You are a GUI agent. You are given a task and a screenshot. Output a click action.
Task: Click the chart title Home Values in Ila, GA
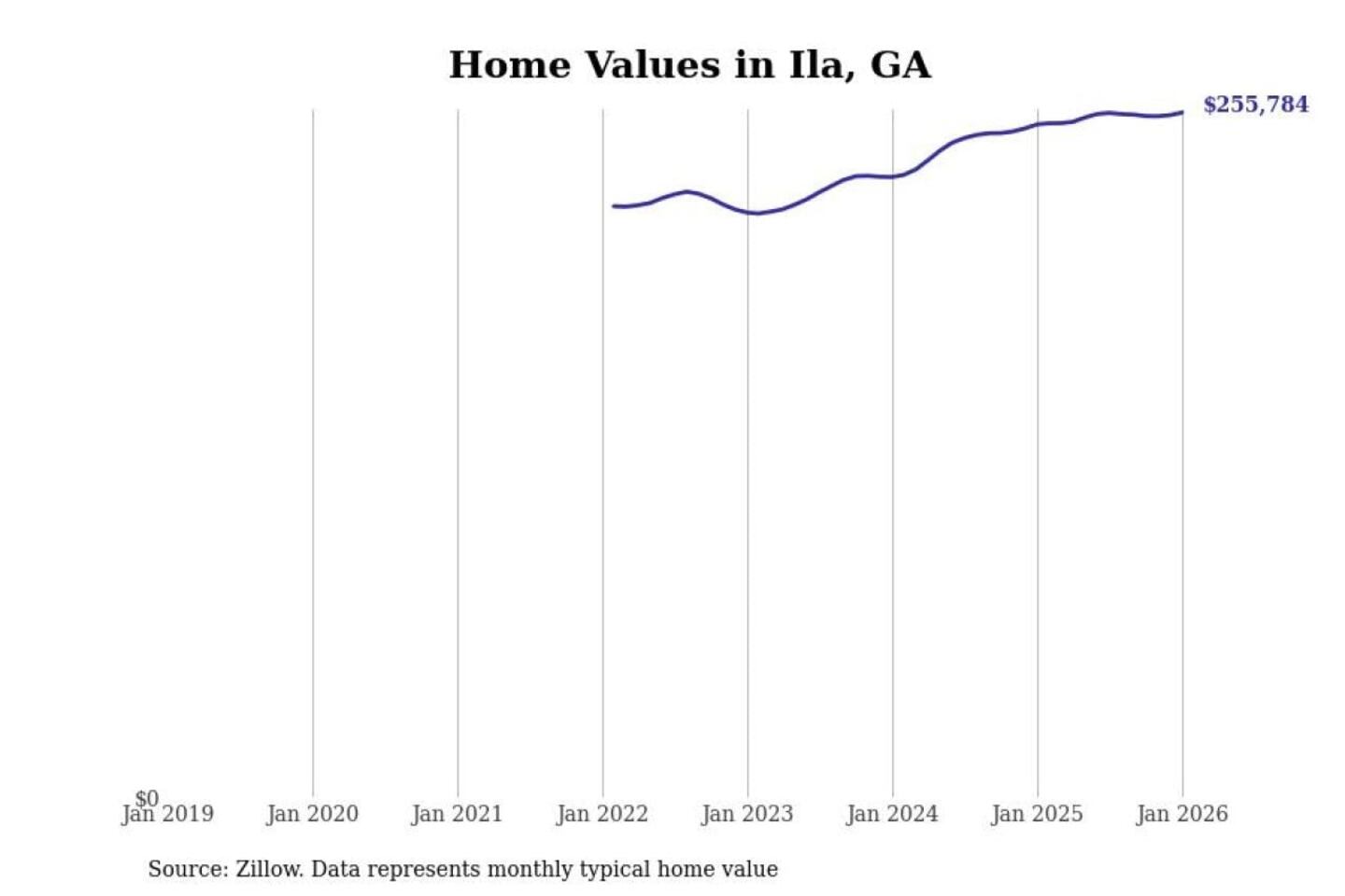point(689,65)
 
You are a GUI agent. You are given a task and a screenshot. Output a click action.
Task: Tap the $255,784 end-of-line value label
point(1255,105)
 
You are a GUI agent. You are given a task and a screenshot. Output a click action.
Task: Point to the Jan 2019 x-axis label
point(168,815)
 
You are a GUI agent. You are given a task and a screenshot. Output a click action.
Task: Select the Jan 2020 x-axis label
point(312,815)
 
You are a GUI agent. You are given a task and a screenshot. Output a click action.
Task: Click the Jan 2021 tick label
point(457,815)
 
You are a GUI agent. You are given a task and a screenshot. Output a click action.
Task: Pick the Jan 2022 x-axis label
point(602,815)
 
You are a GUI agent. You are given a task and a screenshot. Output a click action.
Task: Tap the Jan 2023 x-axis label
point(746,815)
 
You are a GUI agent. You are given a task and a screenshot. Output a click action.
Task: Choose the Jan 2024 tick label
point(891,815)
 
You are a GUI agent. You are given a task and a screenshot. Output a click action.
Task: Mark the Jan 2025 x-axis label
point(1036,815)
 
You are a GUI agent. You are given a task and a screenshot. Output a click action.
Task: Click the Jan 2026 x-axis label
point(1182,815)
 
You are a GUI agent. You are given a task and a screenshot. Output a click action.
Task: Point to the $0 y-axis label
point(147,799)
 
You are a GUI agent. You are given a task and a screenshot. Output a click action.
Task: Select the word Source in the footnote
point(187,870)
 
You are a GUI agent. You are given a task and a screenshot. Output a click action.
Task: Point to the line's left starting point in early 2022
point(614,205)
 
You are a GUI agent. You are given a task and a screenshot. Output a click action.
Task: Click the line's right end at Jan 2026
point(1182,113)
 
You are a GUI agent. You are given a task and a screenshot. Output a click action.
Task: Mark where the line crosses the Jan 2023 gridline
point(747,212)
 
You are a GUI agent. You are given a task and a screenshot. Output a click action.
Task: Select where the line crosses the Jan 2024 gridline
point(892,176)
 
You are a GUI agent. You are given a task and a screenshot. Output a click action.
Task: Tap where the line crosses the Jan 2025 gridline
point(1037,124)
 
